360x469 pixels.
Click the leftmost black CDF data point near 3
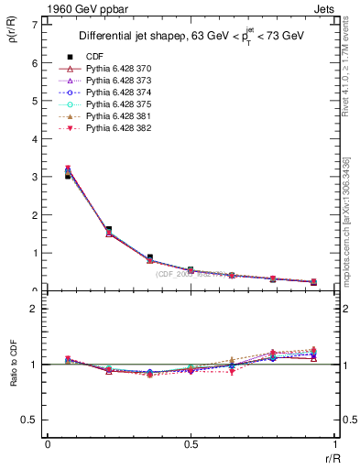click(x=68, y=174)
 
